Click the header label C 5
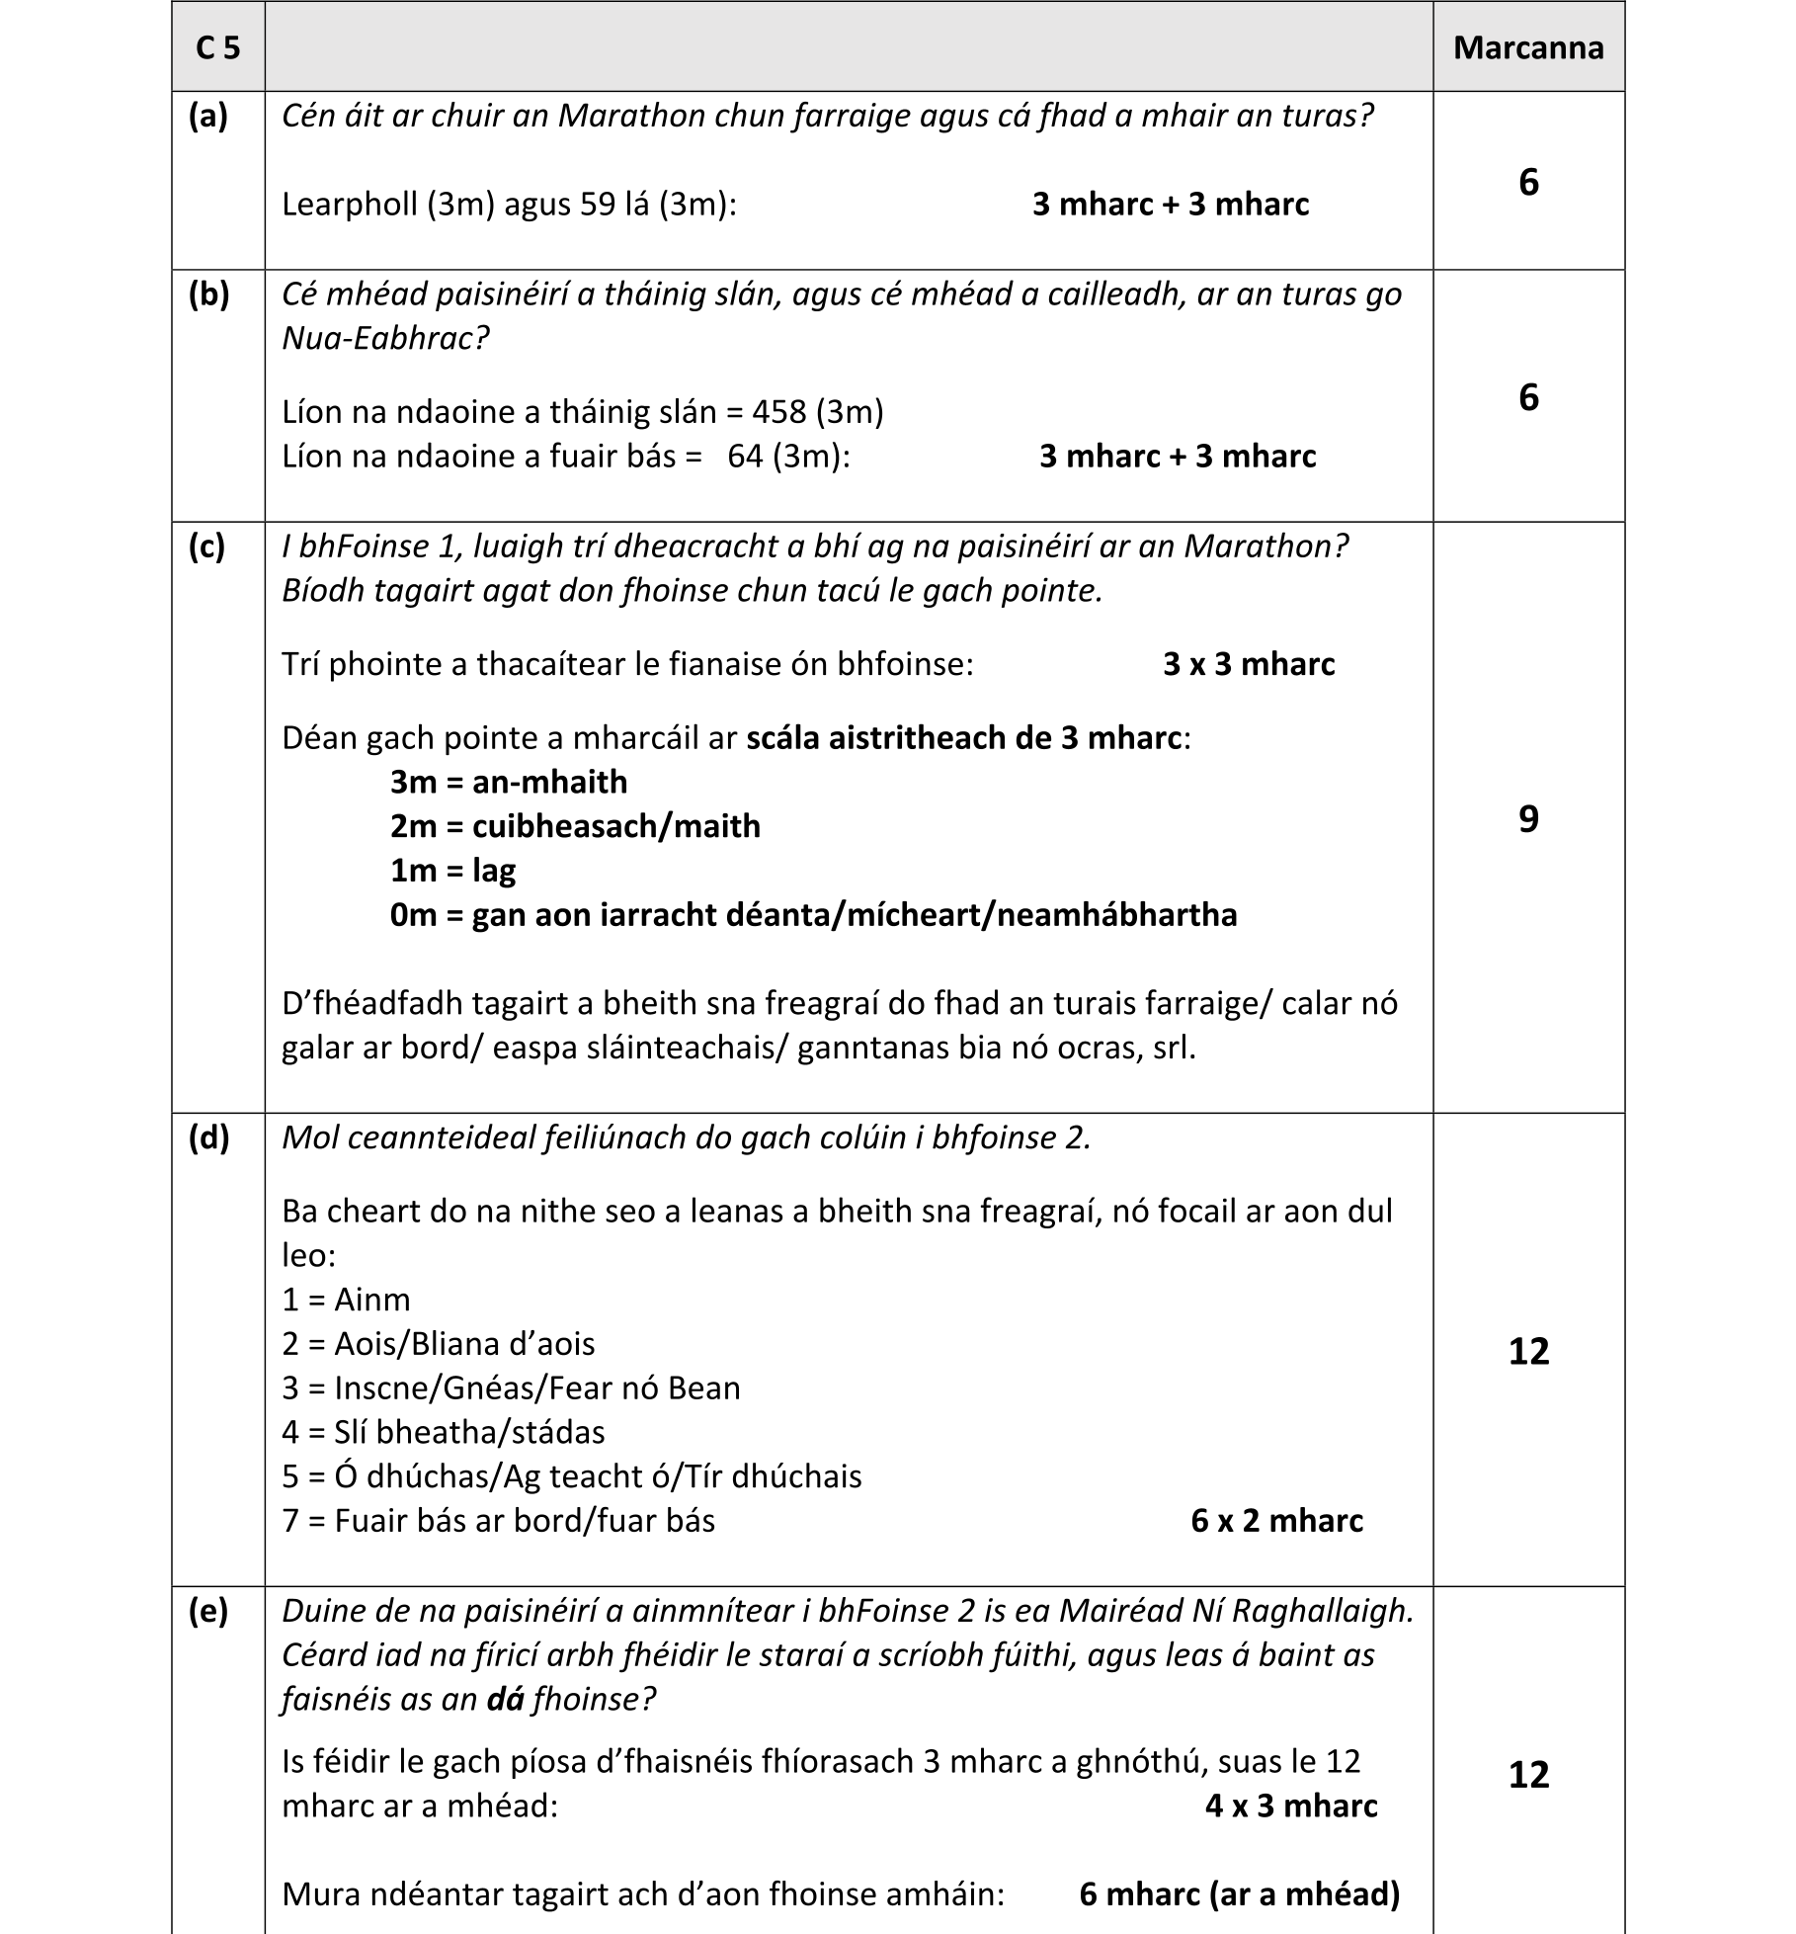pyautogui.click(x=217, y=47)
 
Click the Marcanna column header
pyautogui.click(x=1527, y=47)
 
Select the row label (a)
pyautogui.click(x=207, y=116)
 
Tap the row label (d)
pyautogui.click(x=207, y=1137)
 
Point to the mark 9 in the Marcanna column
pyautogui.click(x=1527, y=818)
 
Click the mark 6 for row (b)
pyautogui.click(x=1527, y=397)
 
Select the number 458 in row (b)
pyautogui.click(x=779, y=411)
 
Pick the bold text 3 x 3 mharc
pyautogui.click(x=1248, y=664)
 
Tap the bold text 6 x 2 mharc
pyautogui.click(x=1276, y=1520)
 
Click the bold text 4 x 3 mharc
pyautogui.click(x=1290, y=1807)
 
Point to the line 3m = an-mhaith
pyautogui.click(x=508, y=782)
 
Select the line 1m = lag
pyautogui.click(x=452, y=871)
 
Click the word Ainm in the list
pyautogui.click(x=371, y=1300)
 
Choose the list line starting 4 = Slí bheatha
pyautogui.click(x=443, y=1432)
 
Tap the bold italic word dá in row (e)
pyautogui.click(x=505, y=1699)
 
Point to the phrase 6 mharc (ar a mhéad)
pyautogui.click(x=1239, y=1894)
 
